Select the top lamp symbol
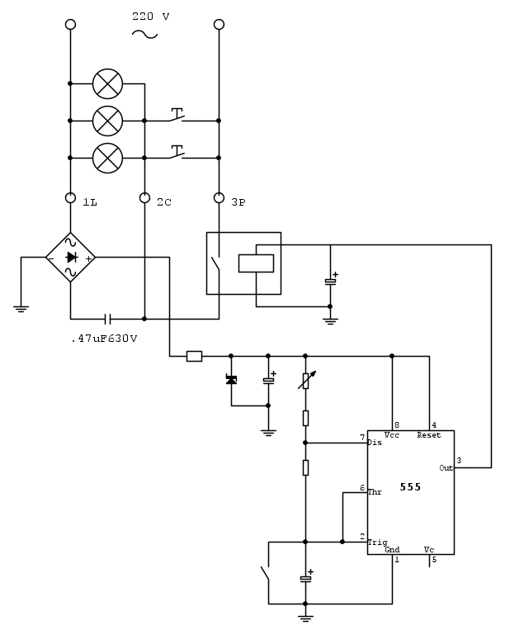(107, 83)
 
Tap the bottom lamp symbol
(107, 157)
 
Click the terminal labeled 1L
(70, 198)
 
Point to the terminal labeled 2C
(144, 198)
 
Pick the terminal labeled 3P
(219, 198)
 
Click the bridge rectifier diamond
(70, 258)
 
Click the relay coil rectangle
(256, 263)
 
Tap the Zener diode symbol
(231, 379)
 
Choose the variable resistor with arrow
(305, 381)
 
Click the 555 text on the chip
(410, 487)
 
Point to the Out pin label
(446, 467)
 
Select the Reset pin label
(428, 435)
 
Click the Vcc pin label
(392, 435)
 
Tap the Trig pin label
(377, 542)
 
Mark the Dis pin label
(375, 443)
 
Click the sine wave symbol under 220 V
(145, 34)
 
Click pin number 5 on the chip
(434, 560)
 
